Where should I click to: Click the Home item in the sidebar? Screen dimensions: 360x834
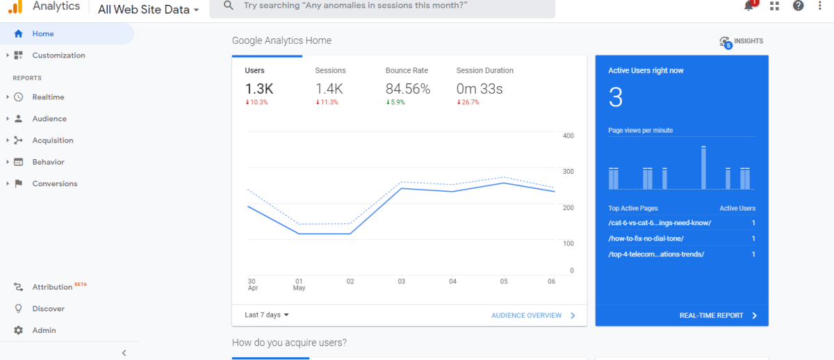click(42, 33)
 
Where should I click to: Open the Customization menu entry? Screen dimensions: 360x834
click(58, 56)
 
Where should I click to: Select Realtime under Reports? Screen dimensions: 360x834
click(48, 97)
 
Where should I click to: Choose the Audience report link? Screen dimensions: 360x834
click(49, 119)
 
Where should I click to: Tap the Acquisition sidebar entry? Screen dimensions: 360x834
click(52, 140)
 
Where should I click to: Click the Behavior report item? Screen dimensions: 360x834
click(48, 162)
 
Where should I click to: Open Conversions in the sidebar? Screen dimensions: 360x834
click(54, 183)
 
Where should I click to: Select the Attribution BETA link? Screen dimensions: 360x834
click(53, 287)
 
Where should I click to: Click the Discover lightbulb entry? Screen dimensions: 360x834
click(48, 309)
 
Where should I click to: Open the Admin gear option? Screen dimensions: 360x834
click(44, 330)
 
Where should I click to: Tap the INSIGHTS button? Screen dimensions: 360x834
click(742, 42)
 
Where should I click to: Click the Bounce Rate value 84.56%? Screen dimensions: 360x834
click(408, 89)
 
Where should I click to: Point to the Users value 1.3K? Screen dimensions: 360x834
click(259, 89)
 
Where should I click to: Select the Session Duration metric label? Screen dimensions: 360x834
click(484, 70)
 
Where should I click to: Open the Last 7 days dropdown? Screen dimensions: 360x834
click(266, 315)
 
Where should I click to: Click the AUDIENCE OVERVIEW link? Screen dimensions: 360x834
click(526, 316)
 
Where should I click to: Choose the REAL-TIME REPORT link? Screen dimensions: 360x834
click(711, 316)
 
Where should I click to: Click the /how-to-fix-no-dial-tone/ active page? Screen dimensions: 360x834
click(646, 238)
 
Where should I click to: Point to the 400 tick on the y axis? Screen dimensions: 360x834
click(568, 136)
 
